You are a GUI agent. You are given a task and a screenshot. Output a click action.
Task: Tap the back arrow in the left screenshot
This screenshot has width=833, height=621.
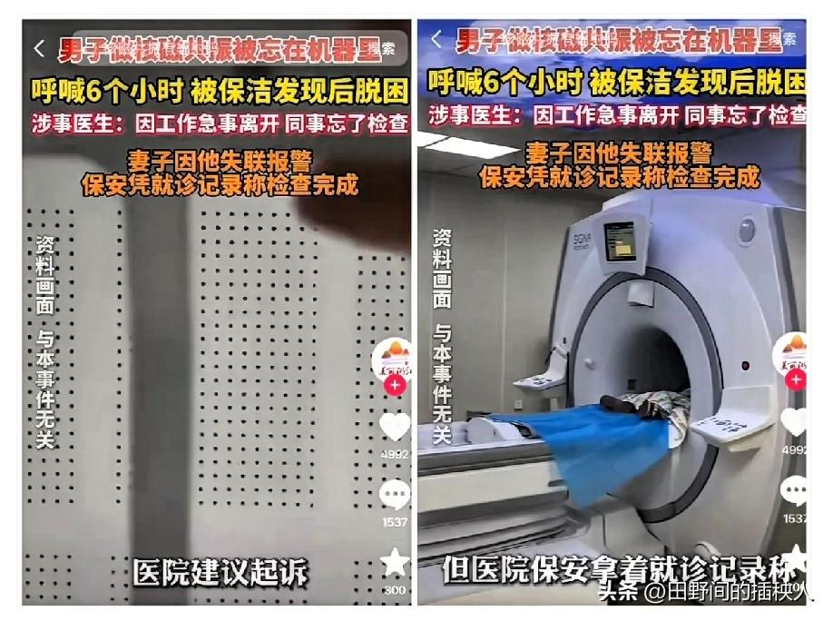38,47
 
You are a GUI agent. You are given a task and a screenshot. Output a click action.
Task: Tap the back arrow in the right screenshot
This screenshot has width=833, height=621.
436,39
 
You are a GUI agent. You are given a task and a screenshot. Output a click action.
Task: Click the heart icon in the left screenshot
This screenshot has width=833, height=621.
395,425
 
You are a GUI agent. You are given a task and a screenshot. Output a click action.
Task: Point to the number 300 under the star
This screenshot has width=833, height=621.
395,590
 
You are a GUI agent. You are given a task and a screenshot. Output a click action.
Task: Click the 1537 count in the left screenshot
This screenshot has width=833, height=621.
395,522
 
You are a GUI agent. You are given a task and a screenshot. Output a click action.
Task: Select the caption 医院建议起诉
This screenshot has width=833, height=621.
220,572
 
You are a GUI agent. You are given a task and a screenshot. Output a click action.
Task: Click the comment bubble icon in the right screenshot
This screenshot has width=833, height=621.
796,491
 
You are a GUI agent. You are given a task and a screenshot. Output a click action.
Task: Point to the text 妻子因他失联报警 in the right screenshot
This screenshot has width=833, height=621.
620,153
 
